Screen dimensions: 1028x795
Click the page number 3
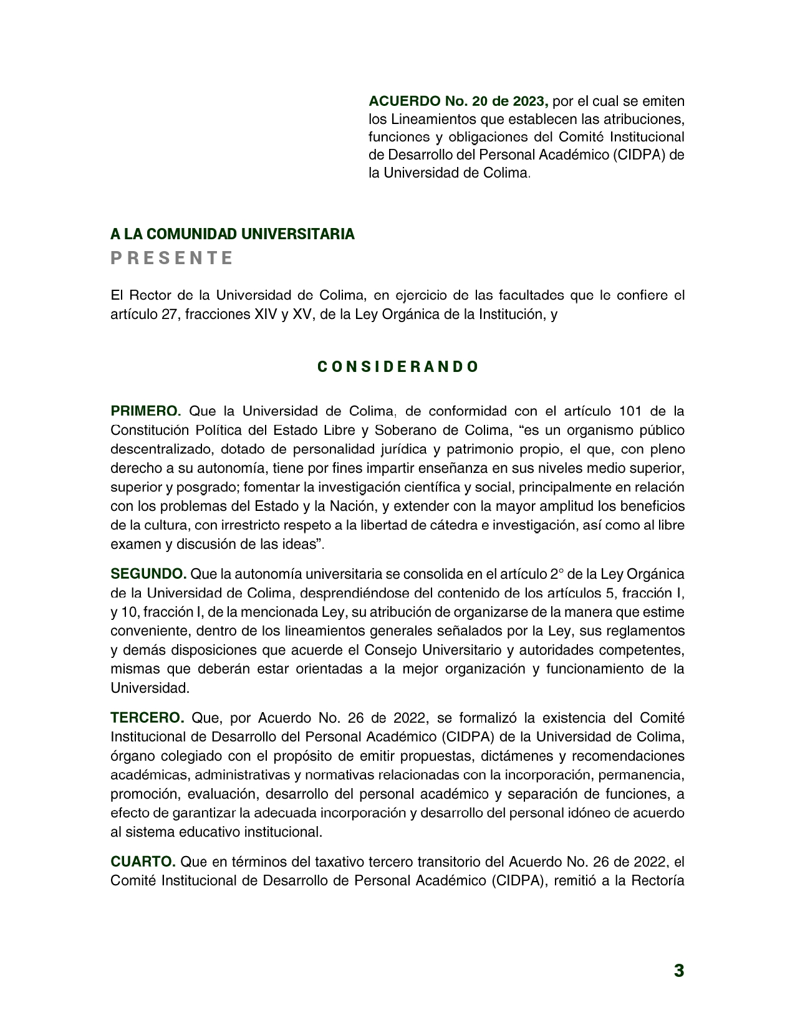point(678,971)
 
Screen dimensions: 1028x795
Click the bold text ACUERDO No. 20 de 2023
point(458,101)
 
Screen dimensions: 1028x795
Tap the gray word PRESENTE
point(172,258)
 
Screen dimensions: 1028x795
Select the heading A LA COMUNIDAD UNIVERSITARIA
point(233,234)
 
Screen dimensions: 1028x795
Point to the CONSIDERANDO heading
point(398,367)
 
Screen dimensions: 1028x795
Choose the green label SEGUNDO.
point(148,574)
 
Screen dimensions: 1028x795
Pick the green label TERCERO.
point(147,718)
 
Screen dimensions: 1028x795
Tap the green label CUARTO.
point(143,862)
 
